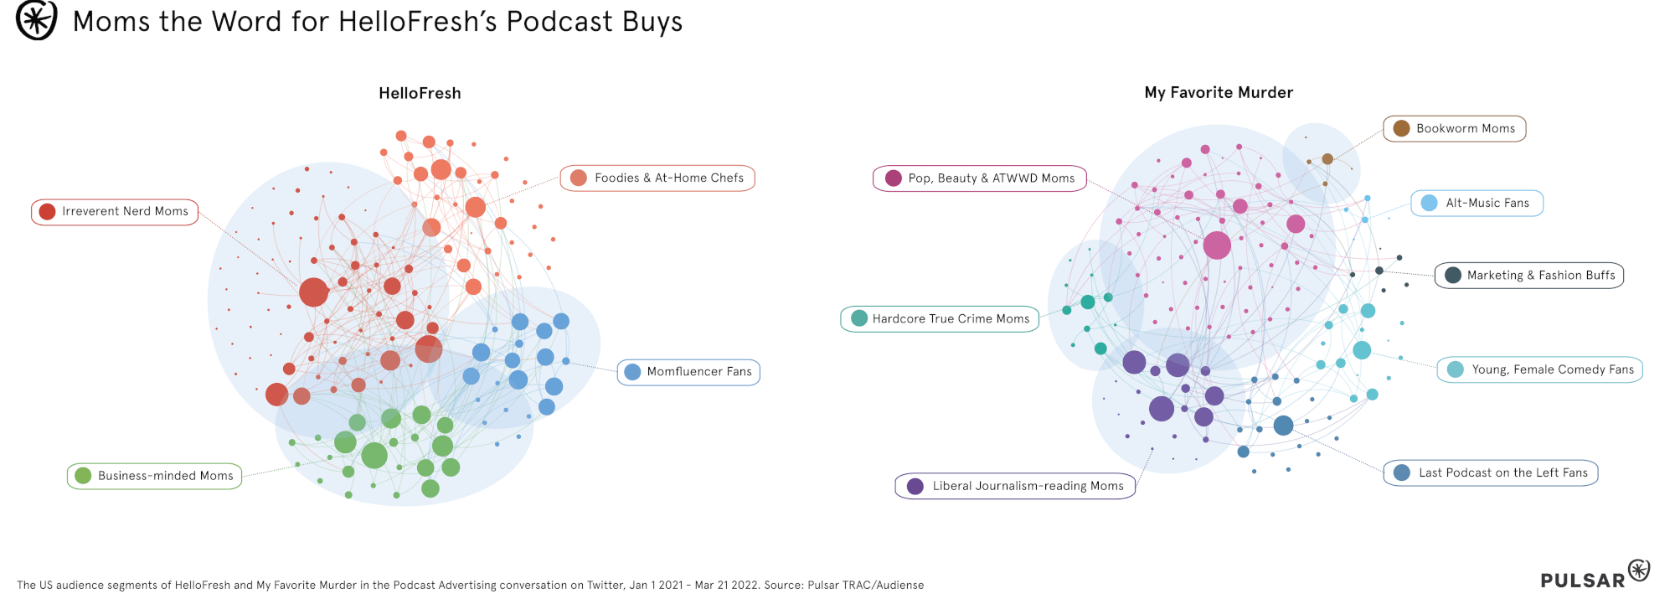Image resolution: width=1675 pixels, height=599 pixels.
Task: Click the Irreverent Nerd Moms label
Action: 115,212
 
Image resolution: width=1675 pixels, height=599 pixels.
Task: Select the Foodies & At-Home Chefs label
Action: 657,178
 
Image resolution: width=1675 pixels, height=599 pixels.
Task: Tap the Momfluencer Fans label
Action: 688,372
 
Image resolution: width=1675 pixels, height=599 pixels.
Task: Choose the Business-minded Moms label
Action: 155,476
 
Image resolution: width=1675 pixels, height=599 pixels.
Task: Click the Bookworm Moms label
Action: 1455,129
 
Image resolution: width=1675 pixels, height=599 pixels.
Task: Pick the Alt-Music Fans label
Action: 1477,203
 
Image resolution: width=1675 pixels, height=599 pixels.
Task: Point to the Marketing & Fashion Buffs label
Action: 1529,275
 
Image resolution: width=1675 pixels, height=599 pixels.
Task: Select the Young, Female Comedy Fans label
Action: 1540,369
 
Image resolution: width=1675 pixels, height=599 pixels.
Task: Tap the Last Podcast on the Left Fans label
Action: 1491,472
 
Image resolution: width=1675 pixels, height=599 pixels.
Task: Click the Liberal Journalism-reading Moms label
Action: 1016,486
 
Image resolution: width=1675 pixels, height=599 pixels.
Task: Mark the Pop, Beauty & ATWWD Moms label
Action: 980,178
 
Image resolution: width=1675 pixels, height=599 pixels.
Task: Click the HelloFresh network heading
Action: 420,93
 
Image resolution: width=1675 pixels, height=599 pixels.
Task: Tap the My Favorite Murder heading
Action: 1219,92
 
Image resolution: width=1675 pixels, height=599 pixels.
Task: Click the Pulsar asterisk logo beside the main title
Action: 37,20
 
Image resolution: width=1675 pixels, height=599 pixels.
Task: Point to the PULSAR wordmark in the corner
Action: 1582,580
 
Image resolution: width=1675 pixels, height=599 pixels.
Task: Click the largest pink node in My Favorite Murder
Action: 1217,245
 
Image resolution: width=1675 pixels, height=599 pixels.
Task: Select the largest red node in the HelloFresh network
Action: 313,292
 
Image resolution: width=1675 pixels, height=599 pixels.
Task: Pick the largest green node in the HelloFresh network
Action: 374,455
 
